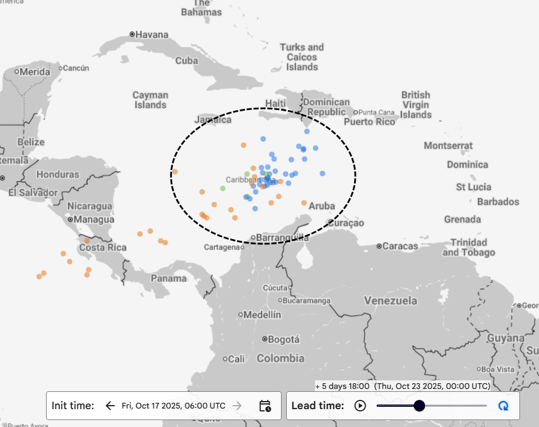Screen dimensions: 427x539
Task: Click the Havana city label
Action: [x=152, y=35]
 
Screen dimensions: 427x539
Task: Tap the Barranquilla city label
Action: [x=282, y=237]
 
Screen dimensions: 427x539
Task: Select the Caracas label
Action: [x=400, y=246]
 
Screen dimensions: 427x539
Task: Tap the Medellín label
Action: [x=263, y=315]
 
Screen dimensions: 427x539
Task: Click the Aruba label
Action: [x=322, y=206]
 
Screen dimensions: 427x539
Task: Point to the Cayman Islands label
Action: [x=150, y=100]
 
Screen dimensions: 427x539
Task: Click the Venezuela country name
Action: [x=390, y=301]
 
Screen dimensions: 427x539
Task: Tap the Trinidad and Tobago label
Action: [x=469, y=247]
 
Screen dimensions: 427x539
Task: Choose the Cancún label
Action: [x=76, y=68]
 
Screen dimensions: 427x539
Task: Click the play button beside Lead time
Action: [x=360, y=406]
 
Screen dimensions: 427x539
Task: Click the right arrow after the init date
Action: [x=237, y=406]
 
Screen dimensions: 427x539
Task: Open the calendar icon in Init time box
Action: [x=265, y=406]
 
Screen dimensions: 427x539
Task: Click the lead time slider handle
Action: [x=419, y=406]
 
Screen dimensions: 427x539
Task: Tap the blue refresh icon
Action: [x=503, y=406]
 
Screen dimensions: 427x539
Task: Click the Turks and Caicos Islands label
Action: [x=302, y=57]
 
